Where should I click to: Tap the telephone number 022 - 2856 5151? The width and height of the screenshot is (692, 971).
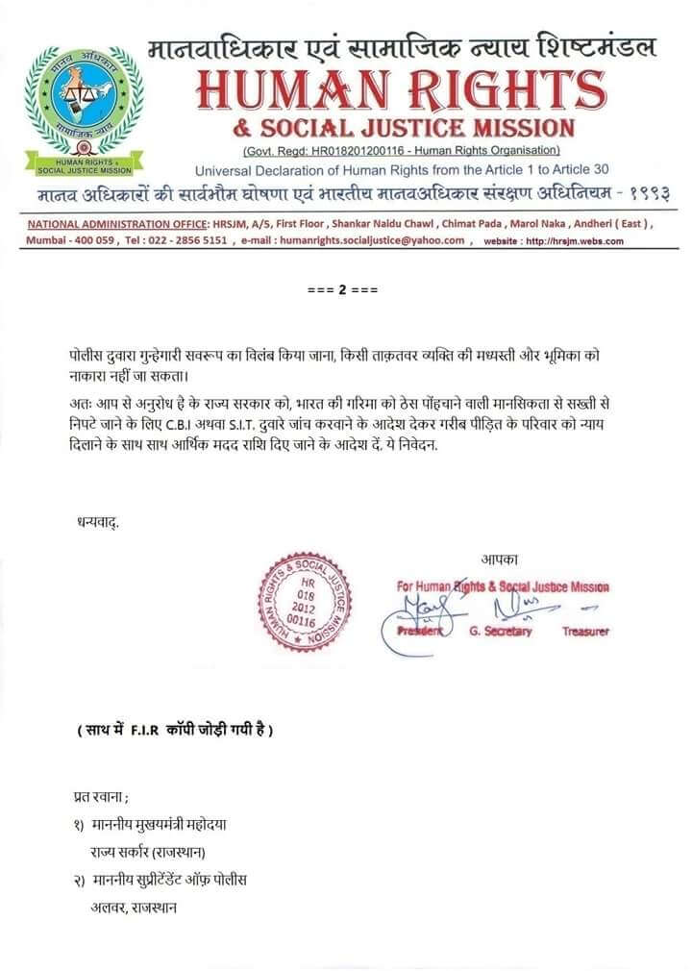(183, 241)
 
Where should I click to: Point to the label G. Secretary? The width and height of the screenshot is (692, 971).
(501, 632)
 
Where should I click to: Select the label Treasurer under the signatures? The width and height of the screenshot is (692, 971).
(585, 632)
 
